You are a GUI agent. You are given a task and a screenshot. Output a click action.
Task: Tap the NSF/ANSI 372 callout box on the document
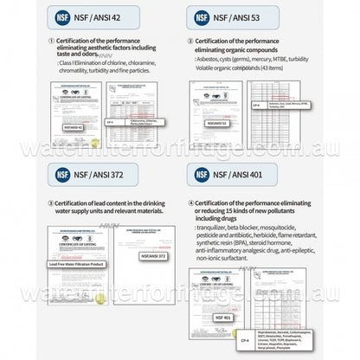click(152, 256)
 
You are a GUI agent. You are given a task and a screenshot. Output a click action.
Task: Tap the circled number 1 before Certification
click(50, 40)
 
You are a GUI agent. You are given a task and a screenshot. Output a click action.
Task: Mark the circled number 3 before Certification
click(50, 202)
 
